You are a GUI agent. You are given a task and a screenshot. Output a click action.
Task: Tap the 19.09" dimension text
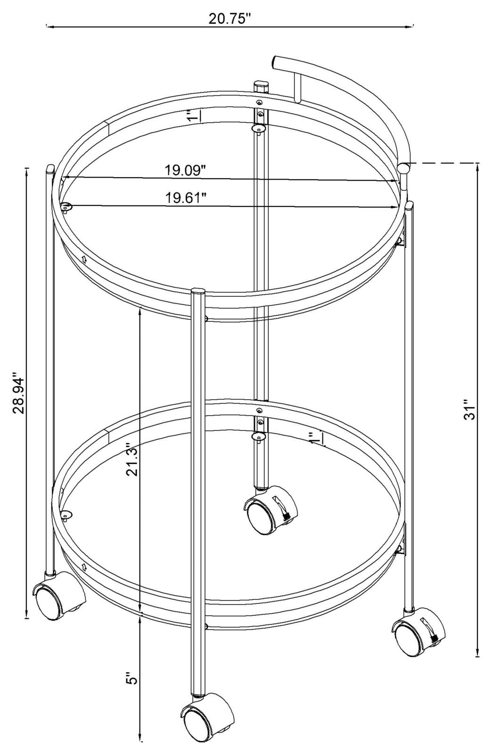(x=186, y=170)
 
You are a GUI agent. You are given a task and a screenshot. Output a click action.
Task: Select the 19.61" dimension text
(x=186, y=197)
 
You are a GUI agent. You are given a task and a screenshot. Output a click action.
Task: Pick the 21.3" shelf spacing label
(x=132, y=459)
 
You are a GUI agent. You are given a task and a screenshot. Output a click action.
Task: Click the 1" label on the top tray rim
(x=192, y=116)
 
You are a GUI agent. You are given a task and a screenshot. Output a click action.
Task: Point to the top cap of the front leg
(x=197, y=291)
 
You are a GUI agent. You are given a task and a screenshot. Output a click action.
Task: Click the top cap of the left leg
(x=50, y=168)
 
